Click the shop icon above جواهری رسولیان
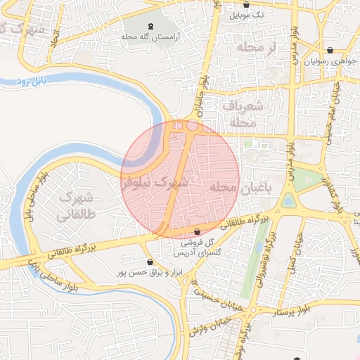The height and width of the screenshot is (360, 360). [330, 50]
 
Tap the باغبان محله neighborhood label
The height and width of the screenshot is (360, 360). [240, 187]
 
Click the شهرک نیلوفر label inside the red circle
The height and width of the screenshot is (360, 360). [156, 184]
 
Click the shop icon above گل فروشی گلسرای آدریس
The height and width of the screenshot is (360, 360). [197, 231]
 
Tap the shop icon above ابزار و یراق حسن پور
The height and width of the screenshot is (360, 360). [149, 262]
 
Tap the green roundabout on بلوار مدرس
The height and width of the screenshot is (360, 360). [288, 201]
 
